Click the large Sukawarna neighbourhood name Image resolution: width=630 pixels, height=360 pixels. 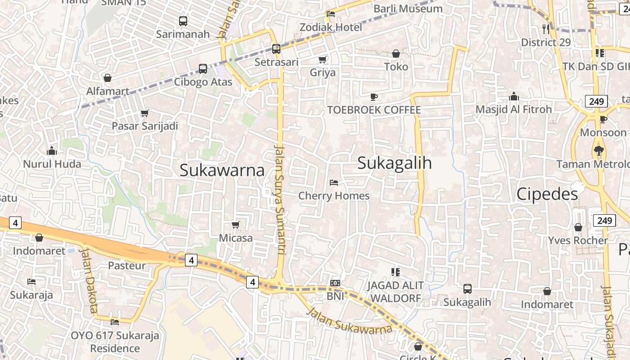(x=222, y=170)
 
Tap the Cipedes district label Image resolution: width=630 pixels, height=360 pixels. (x=547, y=194)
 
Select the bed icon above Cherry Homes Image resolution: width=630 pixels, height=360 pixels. (x=334, y=182)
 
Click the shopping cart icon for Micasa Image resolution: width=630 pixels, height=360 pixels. (x=235, y=225)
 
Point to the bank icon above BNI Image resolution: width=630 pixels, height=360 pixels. (x=335, y=283)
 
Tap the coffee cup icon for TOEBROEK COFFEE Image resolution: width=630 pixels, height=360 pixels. (x=373, y=97)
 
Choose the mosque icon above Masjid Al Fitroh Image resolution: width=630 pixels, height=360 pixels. (x=513, y=96)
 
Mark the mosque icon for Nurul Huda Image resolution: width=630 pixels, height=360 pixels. (x=52, y=151)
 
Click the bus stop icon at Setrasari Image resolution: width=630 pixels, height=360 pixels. (x=276, y=49)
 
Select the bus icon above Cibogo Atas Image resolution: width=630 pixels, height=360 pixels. (x=203, y=69)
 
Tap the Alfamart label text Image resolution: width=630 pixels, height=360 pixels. (x=108, y=91)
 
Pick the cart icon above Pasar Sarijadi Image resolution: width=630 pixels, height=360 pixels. (x=144, y=113)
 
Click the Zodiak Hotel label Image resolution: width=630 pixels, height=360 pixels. (x=331, y=27)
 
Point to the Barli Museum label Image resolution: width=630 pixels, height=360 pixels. (x=408, y=9)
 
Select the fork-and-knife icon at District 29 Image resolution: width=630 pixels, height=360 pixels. (x=546, y=29)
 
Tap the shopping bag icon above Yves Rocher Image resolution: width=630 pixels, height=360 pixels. (x=578, y=227)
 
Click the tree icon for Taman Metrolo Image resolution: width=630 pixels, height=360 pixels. (x=598, y=151)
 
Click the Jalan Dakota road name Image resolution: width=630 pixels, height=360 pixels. (x=89, y=279)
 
